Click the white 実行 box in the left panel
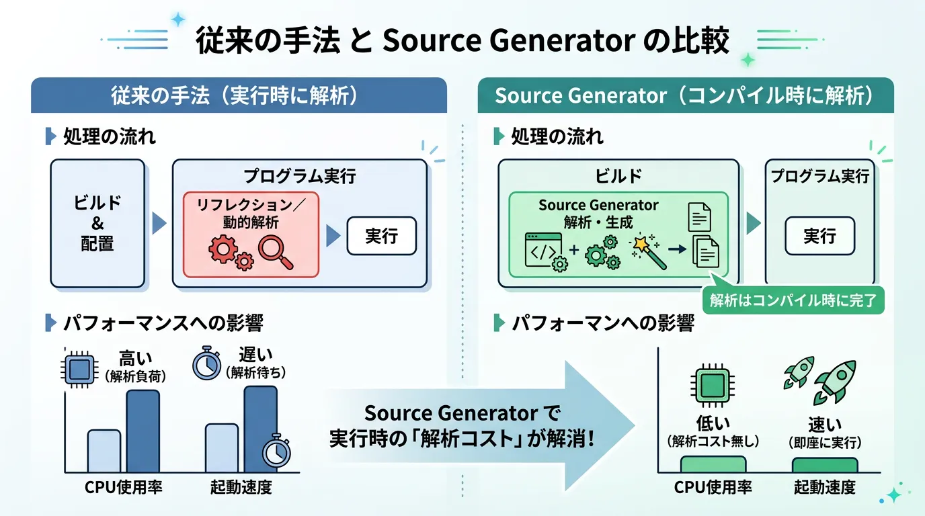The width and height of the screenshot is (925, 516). pyautogui.click(x=381, y=236)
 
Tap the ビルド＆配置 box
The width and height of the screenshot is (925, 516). pyautogui.click(x=97, y=223)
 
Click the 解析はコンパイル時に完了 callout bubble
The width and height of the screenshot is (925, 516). pyautogui.click(x=794, y=300)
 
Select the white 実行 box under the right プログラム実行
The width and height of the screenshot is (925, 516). pyautogui.click(x=819, y=236)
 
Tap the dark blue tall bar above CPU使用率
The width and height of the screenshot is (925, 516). pyautogui.click(x=143, y=431)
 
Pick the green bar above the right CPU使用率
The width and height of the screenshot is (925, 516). pyautogui.click(x=713, y=464)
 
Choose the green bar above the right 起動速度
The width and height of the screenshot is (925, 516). pyautogui.click(x=825, y=465)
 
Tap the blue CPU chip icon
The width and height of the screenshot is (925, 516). pyautogui.click(x=80, y=368)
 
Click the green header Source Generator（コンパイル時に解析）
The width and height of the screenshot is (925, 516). pyautogui.click(x=685, y=95)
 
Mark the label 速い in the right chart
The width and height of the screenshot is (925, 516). pyautogui.click(x=824, y=425)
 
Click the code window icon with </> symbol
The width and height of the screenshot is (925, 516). pyautogui.click(x=544, y=249)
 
